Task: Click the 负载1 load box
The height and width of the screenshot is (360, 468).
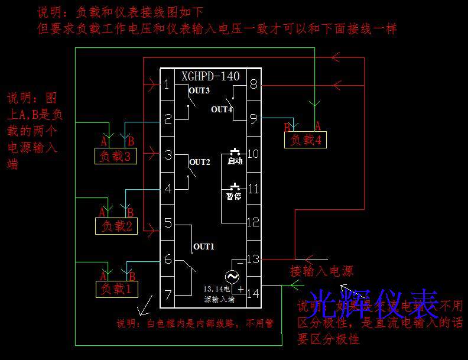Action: click(x=116, y=289)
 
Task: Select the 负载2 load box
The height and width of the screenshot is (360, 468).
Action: click(x=116, y=226)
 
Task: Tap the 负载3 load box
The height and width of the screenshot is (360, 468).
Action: click(x=116, y=157)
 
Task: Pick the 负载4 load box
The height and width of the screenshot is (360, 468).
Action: click(x=305, y=140)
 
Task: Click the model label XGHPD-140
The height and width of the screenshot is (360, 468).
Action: click(x=210, y=76)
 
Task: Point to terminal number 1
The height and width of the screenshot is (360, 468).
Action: click(x=167, y=85)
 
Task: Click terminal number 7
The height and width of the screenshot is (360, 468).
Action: click(x=168, y=294)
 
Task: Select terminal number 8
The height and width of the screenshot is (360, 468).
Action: click(x=253, y=85)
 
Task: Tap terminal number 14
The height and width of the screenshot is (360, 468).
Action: click(x=253, y=293)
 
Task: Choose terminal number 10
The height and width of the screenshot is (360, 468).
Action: click(x=253, y=154)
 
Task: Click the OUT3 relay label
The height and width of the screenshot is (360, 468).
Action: click(x=199, y=90)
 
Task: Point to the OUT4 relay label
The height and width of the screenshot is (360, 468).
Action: click(x=222, y=109)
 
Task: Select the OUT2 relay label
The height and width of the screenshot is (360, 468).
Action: click(x=199, y=162)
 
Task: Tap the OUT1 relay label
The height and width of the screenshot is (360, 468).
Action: click(x=204, y=247)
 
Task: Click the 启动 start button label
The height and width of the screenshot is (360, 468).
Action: click(x=235, y=161)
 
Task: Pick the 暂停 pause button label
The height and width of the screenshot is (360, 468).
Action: click(x=234, y=196)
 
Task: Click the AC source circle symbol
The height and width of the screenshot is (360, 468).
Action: click(x=231, y=276)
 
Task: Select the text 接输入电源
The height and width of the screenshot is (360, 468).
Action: click(x=321, y=271)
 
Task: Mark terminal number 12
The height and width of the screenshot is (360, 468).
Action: click(x=253, y=222)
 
